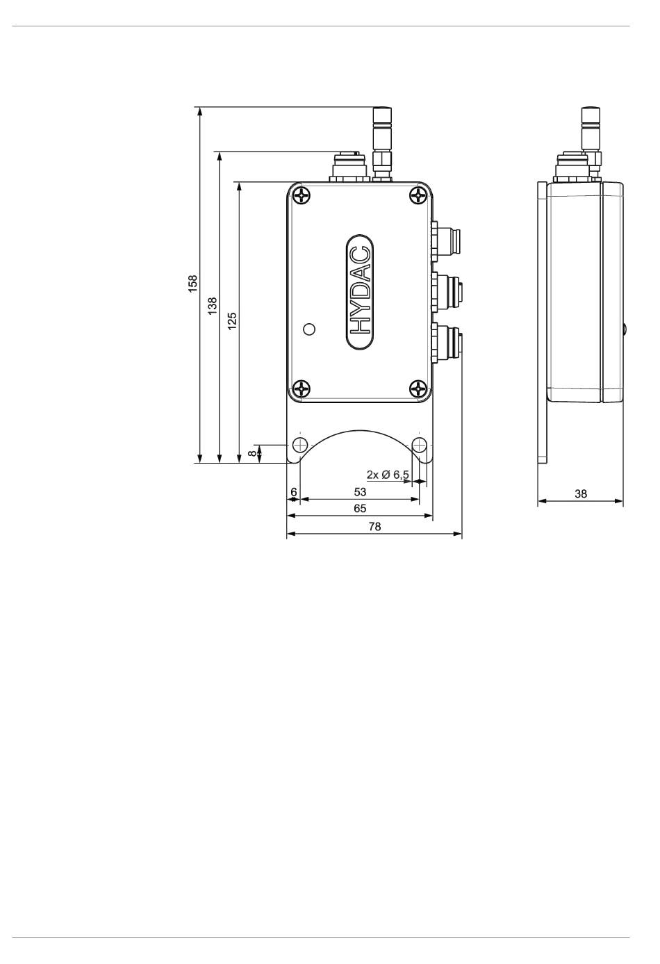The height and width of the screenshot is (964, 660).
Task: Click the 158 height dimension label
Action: (193, 284)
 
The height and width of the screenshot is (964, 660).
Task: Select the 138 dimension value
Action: (213, 306)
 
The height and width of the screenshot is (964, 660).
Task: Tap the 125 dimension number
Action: (232, 321)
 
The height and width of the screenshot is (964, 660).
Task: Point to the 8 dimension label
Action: (254, 453)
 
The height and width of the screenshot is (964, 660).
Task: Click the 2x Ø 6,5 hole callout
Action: (388, 475)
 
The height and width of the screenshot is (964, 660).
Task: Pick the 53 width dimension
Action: (360, 491)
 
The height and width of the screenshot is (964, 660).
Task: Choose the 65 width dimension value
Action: (360, 508)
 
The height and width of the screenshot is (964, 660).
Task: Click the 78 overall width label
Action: (374, 526)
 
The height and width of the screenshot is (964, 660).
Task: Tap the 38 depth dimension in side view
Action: (581, 493)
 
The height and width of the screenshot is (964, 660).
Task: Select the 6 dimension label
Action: (294, 491)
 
